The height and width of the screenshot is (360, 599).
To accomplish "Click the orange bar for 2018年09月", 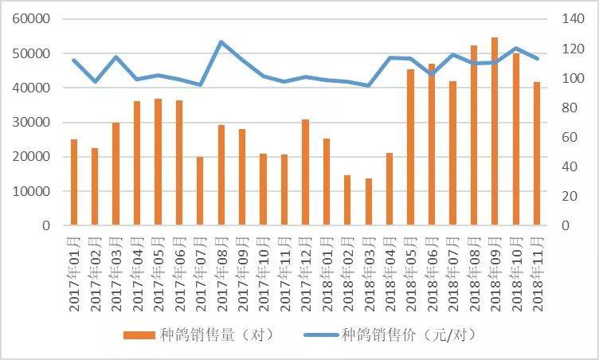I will point(495,131).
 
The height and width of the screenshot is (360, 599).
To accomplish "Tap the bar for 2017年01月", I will point(74,182).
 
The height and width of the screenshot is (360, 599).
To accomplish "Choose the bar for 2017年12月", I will point(305,172).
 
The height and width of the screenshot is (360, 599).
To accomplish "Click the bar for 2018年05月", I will point(410,147).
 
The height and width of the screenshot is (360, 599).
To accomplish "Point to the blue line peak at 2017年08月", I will point(221,42).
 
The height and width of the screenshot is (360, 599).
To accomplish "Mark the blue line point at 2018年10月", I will point(515,49).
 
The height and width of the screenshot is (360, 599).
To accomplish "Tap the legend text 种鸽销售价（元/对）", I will point(408,335).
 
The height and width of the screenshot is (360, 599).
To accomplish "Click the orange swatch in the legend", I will point(139,335).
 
